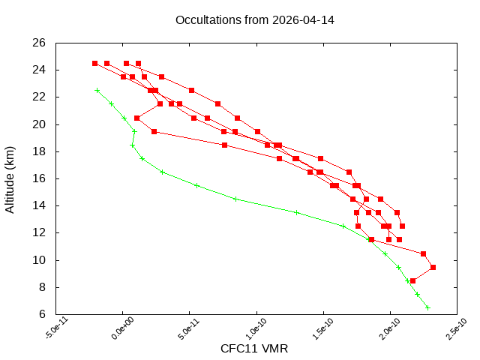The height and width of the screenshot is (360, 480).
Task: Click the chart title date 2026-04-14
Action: (304, 19)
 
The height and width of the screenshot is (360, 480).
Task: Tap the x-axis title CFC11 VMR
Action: (254, 349)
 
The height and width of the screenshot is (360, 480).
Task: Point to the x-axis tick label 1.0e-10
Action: (252, 330)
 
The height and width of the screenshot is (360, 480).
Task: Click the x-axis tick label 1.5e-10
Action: (319, 330)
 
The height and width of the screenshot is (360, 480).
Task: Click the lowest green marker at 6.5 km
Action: (427, 307)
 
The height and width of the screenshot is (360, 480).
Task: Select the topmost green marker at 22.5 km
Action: (97, 90)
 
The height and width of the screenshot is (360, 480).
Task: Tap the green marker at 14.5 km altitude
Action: (235, 199)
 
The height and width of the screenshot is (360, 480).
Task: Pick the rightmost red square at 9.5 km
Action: (433, 267)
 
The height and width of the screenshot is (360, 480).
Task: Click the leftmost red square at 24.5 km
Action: (94, 63)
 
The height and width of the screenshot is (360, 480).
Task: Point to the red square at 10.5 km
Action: (423, 253)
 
